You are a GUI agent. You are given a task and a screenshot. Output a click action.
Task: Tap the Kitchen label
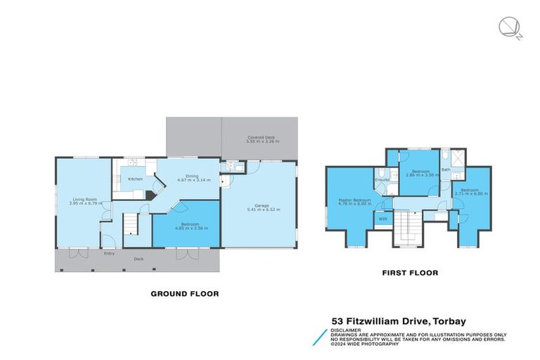tap(135, 179)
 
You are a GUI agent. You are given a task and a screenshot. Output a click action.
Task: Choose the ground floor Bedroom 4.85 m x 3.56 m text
tap(187, 229)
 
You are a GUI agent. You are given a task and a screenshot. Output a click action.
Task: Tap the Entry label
tap(109, 253)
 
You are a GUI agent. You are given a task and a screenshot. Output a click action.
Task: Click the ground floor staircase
tap(131, 225)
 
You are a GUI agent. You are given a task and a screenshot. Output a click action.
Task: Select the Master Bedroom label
tap(349, 199)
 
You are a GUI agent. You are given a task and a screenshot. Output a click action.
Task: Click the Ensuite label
tap(382, 180)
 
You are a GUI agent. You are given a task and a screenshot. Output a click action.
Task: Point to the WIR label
tap(383, 219)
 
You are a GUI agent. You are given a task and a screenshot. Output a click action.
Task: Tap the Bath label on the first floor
tap(446, 169)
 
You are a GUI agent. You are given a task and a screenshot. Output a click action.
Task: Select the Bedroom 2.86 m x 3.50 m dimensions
tap(420, 174)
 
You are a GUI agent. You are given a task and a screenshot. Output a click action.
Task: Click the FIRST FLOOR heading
tap(410, 272)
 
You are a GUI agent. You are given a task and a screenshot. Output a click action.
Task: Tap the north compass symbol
tap(508, 28)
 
